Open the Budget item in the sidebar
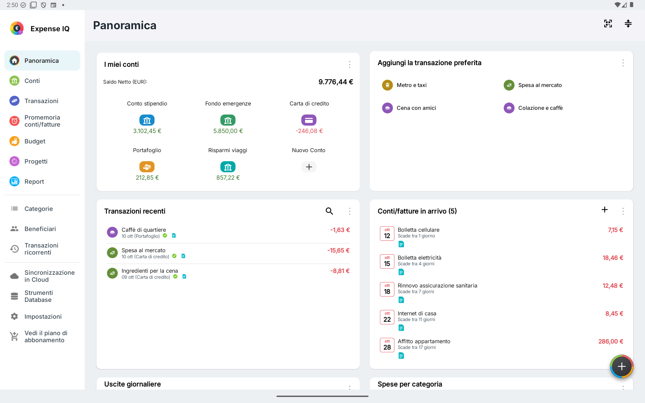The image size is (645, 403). [x=35, y=141]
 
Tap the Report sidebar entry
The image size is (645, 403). [x=34, y=182]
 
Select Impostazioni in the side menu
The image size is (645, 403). [x=43, y=317]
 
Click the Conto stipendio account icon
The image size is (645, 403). [x=147, y=120]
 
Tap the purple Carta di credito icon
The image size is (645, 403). [x=309, y=120]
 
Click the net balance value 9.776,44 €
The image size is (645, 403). [x=336, y=82]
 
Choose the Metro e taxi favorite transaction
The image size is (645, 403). [x=412, y=85]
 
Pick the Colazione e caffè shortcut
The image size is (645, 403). [x=540, y=108]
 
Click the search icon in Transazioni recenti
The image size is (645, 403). [x=329, y=211]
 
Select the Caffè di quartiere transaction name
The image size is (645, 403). [x=144, y=230]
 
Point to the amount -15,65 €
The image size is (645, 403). [x=338, y=251]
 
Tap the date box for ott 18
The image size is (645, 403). [x=387, y=289]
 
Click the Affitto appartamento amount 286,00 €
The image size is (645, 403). [x=611, y=342]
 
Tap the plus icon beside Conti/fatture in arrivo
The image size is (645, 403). [x=605, y=210]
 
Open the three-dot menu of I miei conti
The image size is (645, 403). [x=350, y=64]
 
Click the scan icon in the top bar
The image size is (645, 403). [x=608, y=24]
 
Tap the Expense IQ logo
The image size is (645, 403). [x=17, y=29]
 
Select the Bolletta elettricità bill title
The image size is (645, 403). [x=420, y=258]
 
